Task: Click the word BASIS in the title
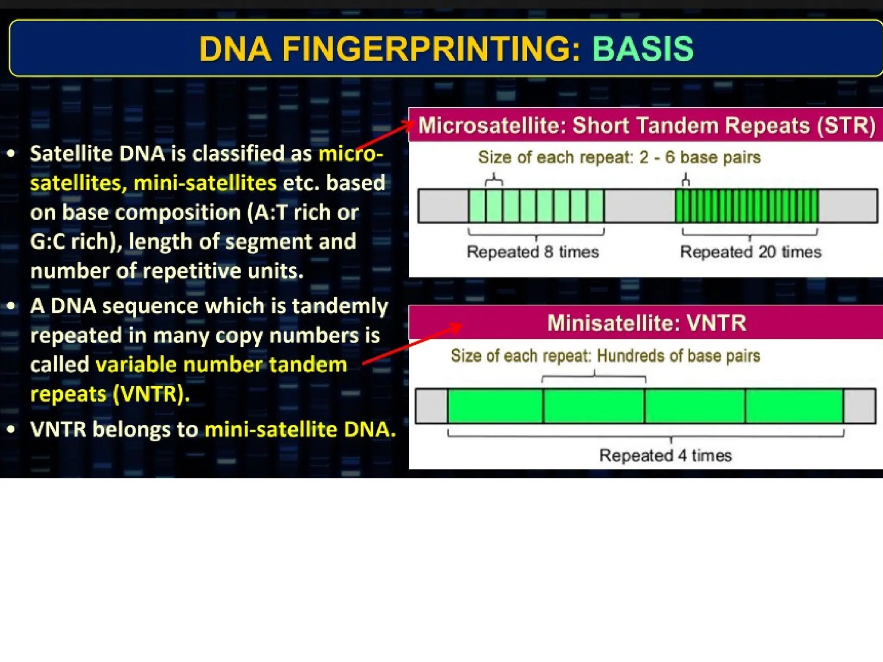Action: [643, 49]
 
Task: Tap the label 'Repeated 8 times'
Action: [533, 252]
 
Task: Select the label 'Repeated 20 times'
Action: [751, 252]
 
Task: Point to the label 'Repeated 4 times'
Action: [665, 456]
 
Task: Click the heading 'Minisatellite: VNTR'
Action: [647, 323]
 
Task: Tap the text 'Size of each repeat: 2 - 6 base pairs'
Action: [619, 157]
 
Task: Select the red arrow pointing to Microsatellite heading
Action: [384, 136]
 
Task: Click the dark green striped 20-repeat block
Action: [747, 206]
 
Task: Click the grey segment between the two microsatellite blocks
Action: [639, 206]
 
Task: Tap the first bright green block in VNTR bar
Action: [495, 406]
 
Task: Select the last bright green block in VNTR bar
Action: [794, 406]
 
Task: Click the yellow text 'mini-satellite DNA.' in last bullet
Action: [300, 430]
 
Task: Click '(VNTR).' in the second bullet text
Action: [151, 394]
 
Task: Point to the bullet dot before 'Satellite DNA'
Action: [12, 153]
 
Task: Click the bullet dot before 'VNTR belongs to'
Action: [12, 429]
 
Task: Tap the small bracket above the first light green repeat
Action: [494, 179]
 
